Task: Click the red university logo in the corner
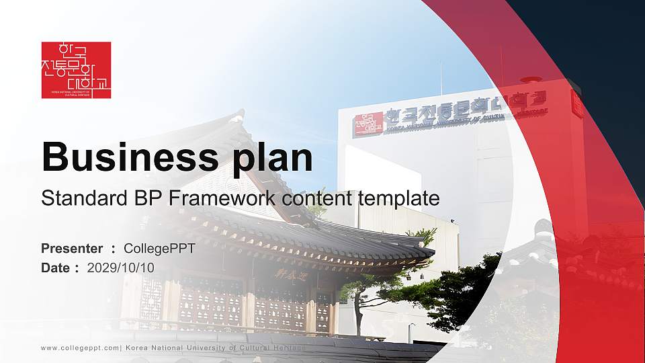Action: click(76, 70)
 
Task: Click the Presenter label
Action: click(72, 249)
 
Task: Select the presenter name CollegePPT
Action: click(159, 249)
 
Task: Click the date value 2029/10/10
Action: click(121, 268)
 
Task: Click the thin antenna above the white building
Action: click(441, 77)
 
